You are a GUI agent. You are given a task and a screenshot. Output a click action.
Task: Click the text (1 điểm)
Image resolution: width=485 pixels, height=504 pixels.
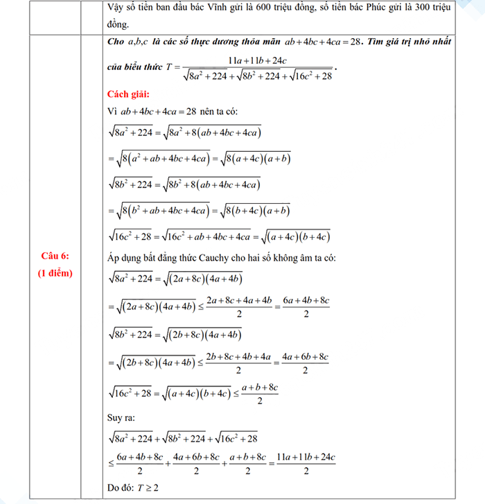(55, 272)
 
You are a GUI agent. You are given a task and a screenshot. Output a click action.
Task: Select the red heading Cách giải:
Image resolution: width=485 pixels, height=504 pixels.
(128, 94)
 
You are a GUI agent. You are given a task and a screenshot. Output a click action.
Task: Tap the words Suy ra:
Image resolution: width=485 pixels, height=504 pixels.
(121, 419)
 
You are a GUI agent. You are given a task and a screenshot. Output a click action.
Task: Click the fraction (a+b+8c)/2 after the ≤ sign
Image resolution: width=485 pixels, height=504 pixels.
(258, 394)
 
